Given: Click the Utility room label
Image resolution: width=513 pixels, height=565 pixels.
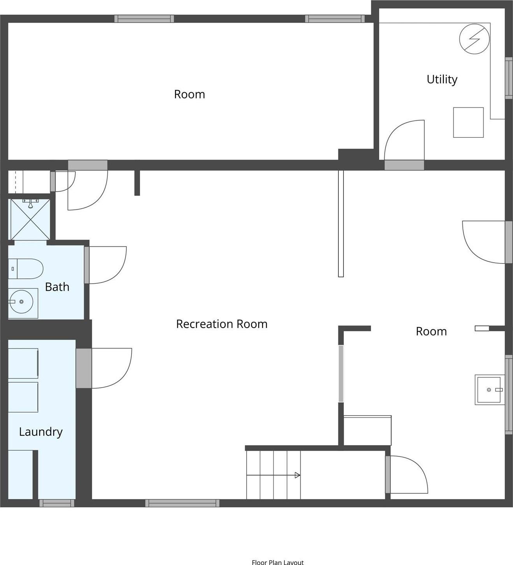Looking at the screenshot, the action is click(442, 79).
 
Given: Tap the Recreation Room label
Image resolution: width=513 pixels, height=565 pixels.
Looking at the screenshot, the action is click(222, 324).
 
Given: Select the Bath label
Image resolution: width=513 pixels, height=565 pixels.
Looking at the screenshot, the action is click(57, 287).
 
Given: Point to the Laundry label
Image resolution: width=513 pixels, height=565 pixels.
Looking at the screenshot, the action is click(41, 432).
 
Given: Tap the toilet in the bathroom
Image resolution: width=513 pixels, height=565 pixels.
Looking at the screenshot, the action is click(26, 269).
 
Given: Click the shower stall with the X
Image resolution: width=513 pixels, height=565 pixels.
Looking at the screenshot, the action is click(30, 219).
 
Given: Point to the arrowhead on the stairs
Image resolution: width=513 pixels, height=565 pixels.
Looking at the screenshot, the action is click(297, 475).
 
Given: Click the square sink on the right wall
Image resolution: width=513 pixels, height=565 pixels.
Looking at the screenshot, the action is click(490, 390).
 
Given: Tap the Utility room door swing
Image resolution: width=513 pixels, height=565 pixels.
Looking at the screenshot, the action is click(404, 140).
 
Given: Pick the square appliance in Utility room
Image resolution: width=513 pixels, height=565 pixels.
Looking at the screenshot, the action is click(468, 123).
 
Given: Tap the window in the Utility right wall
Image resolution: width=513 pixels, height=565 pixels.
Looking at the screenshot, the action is click(509, 78).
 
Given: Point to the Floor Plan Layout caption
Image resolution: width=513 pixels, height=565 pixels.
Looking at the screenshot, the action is click(278, 562).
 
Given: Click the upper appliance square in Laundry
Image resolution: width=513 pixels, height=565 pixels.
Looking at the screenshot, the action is click(23, 363).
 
